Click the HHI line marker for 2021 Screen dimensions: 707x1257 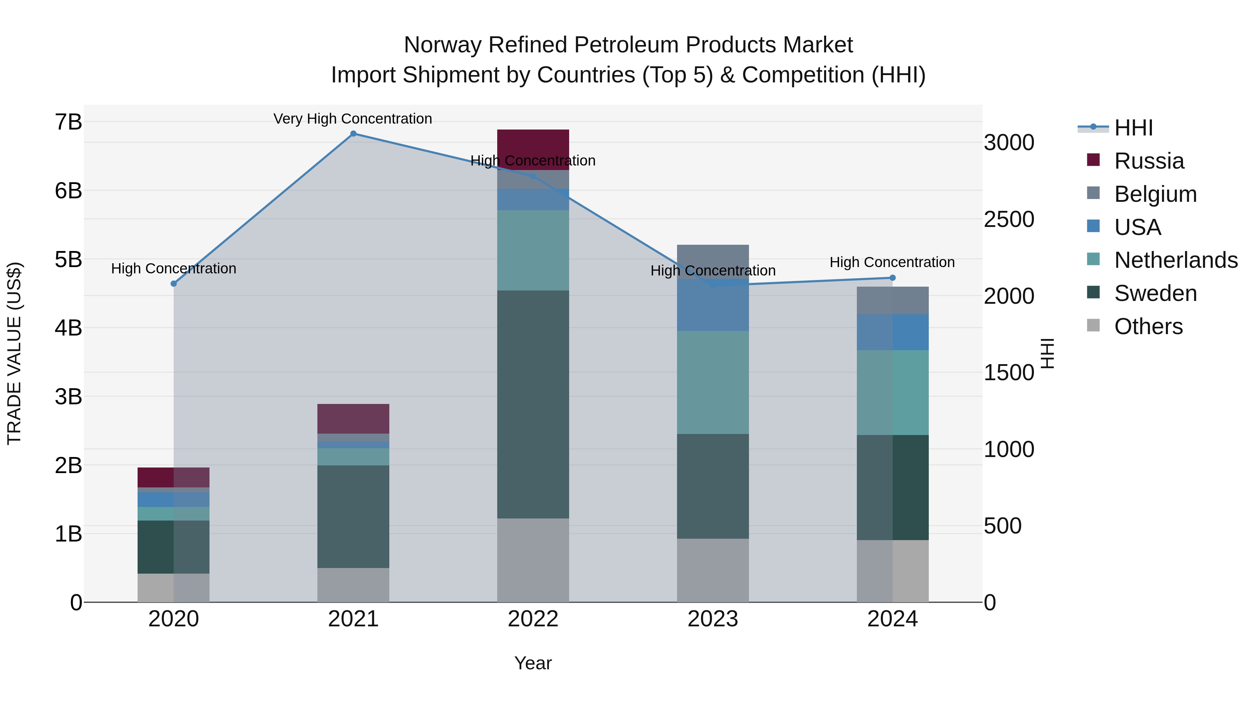coord(353,134)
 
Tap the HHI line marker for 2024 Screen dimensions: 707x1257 coord(892,278)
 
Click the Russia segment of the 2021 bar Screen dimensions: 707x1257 coord(353,419)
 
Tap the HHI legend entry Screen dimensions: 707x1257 coord(1133,128)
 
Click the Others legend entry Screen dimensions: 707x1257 coord(1148,326)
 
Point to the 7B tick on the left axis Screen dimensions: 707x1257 coord(68,122)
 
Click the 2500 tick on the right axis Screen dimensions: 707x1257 coord(1008,220)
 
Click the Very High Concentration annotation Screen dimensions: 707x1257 coord(352,119)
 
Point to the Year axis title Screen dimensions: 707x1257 coord(533,663)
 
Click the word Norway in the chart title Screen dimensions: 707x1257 coord(443,45)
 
